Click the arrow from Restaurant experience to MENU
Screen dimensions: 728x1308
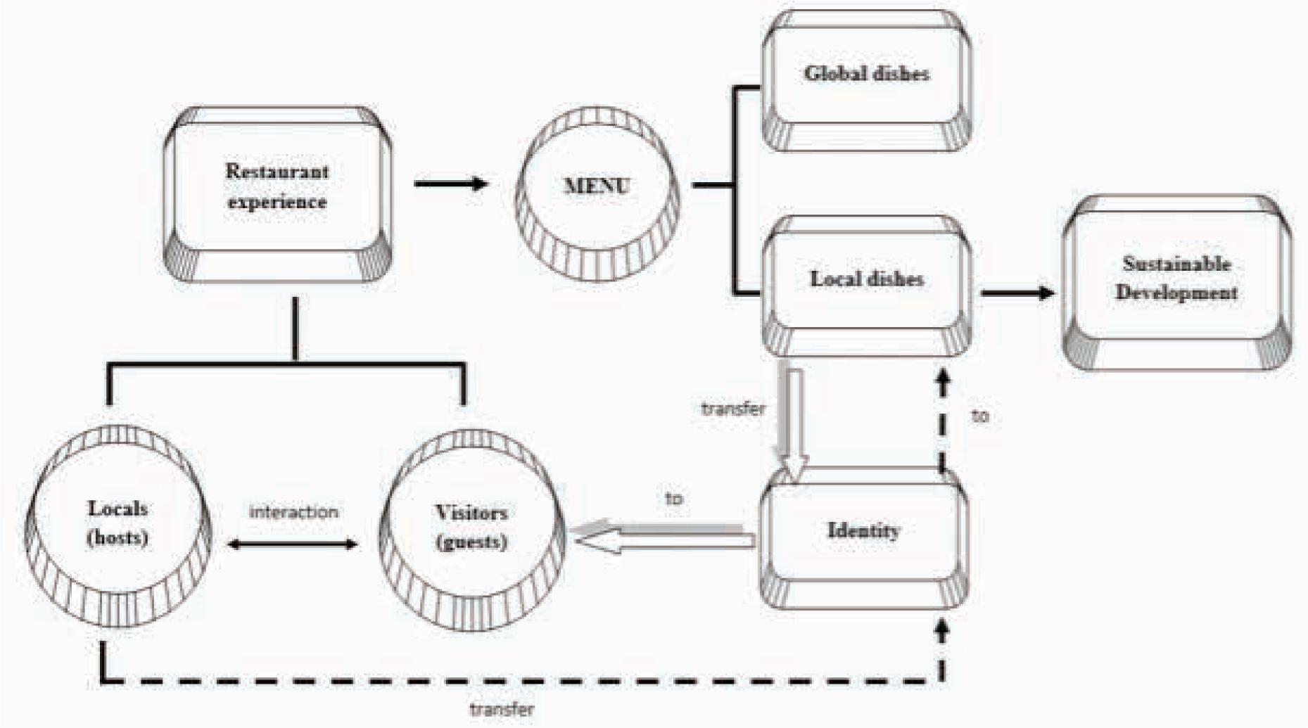451,184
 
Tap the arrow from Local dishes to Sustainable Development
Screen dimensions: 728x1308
1017,293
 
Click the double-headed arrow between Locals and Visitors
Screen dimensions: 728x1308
293,544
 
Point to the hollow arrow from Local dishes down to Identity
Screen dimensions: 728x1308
794,422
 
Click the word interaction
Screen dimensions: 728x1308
293,512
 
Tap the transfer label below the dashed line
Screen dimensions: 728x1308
502,709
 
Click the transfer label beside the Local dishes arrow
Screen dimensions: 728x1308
733,409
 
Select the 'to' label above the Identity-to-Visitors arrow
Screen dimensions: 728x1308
673,499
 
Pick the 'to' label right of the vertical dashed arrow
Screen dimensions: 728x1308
979,416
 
